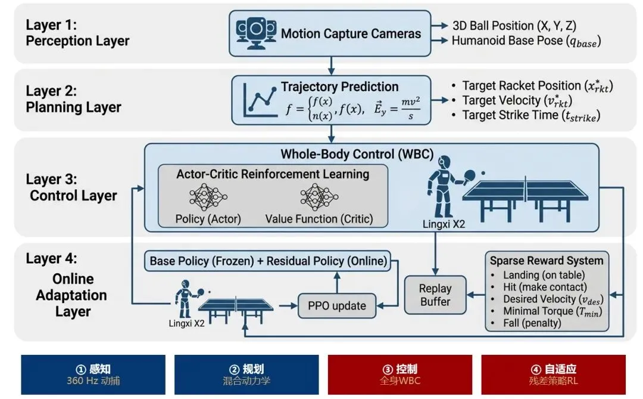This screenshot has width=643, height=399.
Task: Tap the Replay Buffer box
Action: [x=435, y=295]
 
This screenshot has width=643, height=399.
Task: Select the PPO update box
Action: [x=337, y=306]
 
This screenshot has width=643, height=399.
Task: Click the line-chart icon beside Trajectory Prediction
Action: [x=260, y=100]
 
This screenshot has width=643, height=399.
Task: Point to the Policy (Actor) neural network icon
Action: [x=208, y=197]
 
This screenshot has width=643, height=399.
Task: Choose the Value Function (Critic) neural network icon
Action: [x=319, y=197]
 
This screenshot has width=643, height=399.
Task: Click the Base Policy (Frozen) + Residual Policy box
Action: [x=267, y=261]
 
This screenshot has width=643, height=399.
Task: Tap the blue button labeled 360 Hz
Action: [x=93, y=375]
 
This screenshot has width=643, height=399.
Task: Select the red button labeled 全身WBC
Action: [x=400, y=375]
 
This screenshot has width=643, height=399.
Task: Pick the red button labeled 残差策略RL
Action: [x=553, y=375]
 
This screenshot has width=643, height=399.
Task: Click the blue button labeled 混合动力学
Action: [x=246, y=375]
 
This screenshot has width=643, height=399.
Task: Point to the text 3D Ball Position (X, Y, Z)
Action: [x=514, y=26]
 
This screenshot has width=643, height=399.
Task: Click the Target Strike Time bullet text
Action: [x=531, y=116]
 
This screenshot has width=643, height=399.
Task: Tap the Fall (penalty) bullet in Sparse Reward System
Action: [x=532, y=323]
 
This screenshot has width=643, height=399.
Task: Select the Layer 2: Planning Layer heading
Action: [x=73, y=99]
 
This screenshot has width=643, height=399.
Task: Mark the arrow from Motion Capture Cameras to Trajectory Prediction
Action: [x=331, y=66]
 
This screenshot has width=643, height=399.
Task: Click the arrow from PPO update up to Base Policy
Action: [x=337, y=282]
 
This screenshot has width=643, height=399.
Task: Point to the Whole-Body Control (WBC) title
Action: [x=357, y=154]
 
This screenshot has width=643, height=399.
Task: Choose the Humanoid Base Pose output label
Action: [x=526, y=41]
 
